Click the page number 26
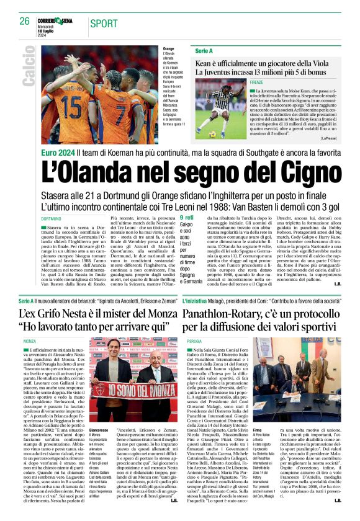(24, 21)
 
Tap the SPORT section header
(103, 24)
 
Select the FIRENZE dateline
(240, 82)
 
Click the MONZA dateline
(47, 341)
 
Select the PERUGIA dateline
(194, 341)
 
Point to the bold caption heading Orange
(168, 48)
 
